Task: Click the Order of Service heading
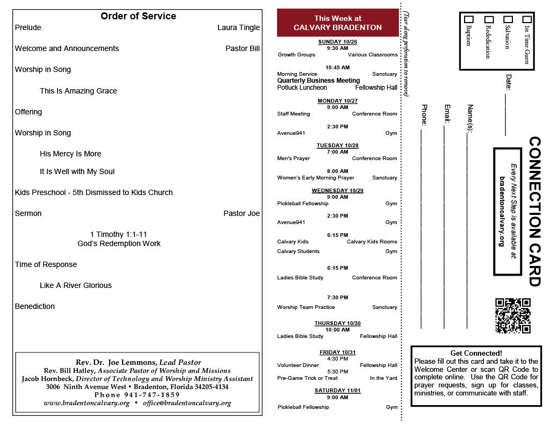click(138, 16)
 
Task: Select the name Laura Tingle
click(238, 27)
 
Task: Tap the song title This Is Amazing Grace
click(78, 91)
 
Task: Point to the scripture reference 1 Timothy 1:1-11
click(119, 234)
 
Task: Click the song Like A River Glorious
click(76, 285)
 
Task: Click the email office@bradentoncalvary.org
click(187, 403)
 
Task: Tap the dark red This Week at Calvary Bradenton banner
click(338, 23)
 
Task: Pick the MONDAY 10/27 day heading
click(337, 101)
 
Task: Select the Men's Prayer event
click(293, 159)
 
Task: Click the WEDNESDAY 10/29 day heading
click(337, 191)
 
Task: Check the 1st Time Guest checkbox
click(527, 20)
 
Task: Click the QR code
click(512, 316)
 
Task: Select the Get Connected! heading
click(476, 353)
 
